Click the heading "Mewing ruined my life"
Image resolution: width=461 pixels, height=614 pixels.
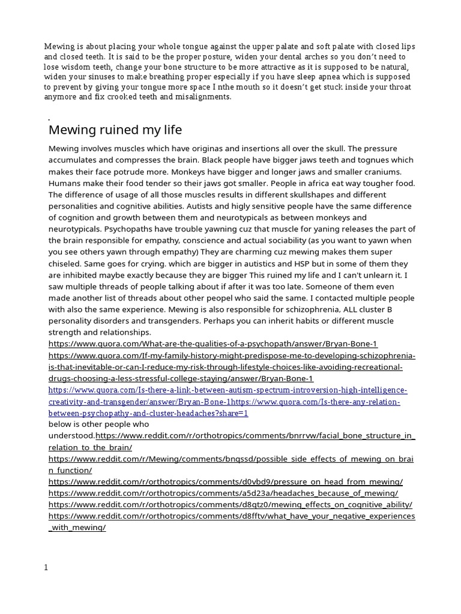point(115,130)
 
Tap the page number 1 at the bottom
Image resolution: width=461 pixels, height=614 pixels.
point(46,568)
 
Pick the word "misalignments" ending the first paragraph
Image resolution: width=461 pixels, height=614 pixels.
point(203,97)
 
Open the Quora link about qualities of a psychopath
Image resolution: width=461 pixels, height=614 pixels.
point(213,344)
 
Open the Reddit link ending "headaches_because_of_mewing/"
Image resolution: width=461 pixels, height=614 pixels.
point(223,493)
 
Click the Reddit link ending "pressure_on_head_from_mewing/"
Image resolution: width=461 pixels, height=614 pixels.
point(226,481)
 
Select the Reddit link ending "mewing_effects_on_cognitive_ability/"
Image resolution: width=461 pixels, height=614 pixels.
point(230,504)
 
